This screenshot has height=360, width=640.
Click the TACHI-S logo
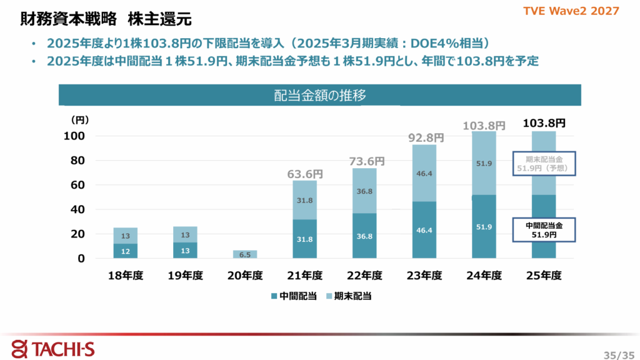click(53, 347)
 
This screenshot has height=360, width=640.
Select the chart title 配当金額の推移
click(319, 96)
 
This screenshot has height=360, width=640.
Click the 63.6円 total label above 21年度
click(305, 174)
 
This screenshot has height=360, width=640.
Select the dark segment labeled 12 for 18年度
click(126, 251)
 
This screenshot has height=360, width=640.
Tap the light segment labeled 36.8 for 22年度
click(365, 191)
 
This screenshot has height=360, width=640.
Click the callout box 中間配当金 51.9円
click(544, 229)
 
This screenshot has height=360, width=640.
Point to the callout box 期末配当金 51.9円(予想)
click(544, 164)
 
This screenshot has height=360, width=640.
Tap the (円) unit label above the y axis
click(80, 119)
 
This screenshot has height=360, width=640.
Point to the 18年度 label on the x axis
click(126, 276)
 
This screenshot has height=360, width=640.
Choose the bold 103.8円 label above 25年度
click(544, 124)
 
